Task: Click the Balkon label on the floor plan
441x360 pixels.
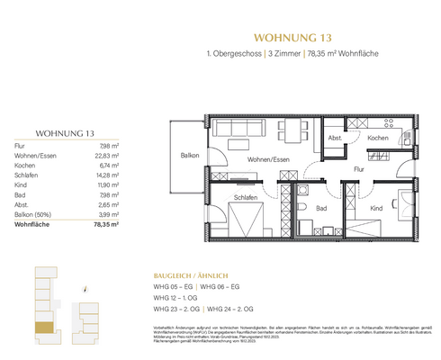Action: click(x=188, y=155)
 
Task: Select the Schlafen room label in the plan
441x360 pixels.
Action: click(x=244, y=197)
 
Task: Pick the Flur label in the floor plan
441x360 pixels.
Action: click(x=357, y=168)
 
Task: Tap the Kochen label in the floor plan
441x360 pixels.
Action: click(x=377, y=138)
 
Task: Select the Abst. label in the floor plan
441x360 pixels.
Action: click(x=335, y=138)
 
